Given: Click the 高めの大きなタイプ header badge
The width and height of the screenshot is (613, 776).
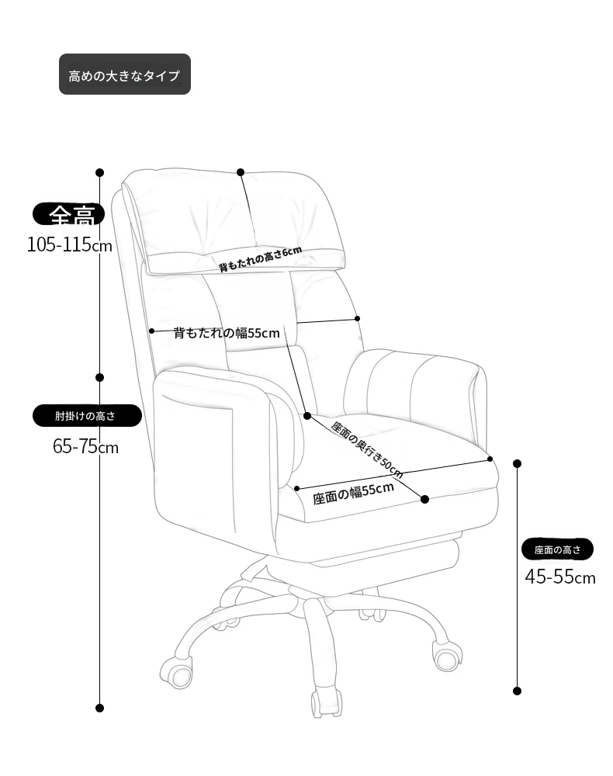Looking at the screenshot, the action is (125, 74).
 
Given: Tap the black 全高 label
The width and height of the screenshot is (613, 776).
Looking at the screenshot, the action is (69, 214).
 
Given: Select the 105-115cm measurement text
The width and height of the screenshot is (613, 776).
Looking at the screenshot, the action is (69, 244).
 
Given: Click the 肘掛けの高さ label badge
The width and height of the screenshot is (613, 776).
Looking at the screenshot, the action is (87, 416).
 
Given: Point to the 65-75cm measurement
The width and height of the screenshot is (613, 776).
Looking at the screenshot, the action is (85, 446).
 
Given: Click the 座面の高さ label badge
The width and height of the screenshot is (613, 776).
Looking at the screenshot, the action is (557, 549).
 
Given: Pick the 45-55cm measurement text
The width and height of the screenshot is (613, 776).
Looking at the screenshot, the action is (560, 577).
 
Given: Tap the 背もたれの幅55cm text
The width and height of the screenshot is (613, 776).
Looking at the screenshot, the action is (227, 333).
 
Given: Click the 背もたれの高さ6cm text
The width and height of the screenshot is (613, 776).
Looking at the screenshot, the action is (260, 259).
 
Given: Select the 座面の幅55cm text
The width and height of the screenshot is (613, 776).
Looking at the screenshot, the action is (353, 494).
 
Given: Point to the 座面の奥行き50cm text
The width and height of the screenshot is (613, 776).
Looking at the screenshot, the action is (366, 450).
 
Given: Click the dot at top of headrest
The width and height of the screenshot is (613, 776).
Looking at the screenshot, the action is (241, 172).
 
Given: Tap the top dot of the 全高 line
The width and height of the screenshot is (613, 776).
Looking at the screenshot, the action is (100, 173).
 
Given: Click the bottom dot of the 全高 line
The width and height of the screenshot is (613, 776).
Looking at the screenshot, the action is (100, 708).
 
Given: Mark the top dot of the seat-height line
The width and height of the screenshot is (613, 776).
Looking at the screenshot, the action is (517, 464).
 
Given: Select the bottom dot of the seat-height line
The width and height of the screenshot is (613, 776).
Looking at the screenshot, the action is (517, 691).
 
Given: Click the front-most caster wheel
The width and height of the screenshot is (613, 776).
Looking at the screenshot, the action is (326, 702).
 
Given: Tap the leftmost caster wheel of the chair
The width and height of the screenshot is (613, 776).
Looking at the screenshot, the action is (176, 673).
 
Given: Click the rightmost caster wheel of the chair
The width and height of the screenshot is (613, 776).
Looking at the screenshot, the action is (448, 656).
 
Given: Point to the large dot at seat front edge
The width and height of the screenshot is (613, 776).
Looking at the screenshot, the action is (424, 499).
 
